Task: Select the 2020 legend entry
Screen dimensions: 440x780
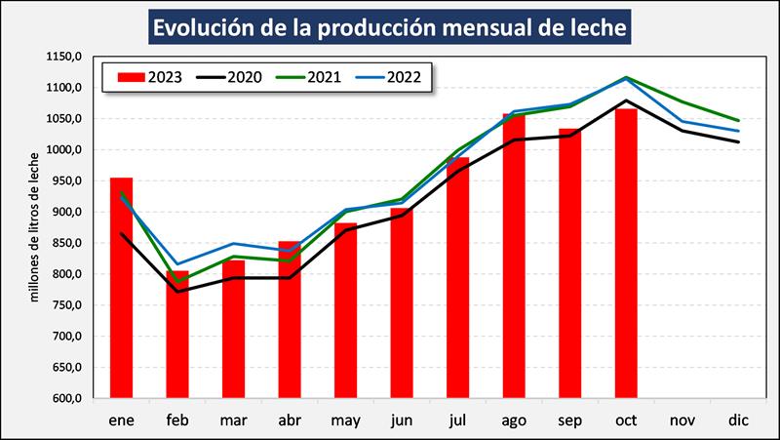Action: point(229,77)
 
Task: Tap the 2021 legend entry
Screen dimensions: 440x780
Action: point(309,77)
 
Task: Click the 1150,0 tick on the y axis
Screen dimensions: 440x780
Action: point(65,58)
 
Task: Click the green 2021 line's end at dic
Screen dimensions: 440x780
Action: point(738,121)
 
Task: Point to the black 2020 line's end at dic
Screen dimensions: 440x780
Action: point(738,142)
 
